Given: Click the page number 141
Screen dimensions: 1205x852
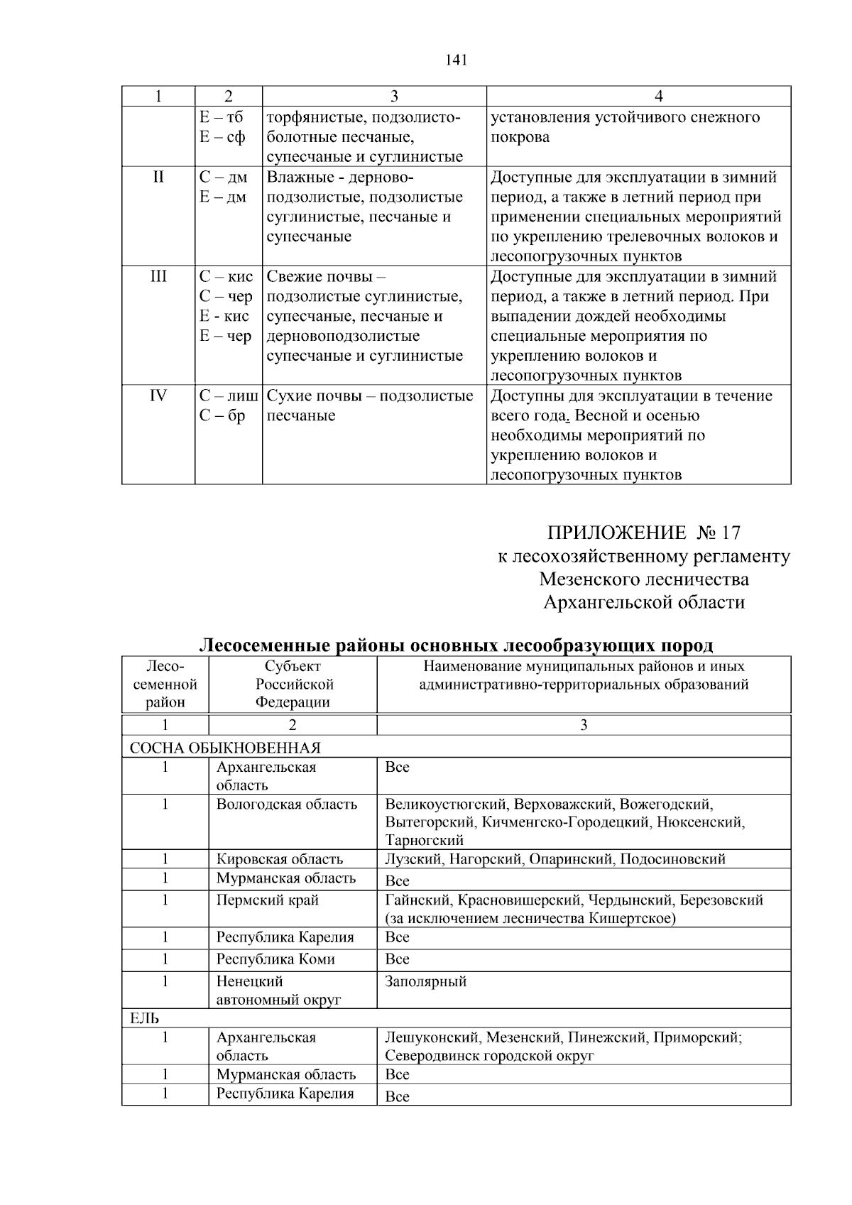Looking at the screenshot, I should (456, 60).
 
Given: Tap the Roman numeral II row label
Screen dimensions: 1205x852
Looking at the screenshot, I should (158, 177).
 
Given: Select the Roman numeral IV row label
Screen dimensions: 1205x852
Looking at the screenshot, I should (158, 396).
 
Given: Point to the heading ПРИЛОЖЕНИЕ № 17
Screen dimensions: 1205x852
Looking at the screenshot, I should (643, 533).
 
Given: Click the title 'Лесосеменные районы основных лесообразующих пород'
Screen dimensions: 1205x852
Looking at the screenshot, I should (456, 645).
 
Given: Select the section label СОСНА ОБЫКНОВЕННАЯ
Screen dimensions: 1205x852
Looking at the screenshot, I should (224, 748).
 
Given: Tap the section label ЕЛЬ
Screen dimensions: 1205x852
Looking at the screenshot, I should (144, 1018).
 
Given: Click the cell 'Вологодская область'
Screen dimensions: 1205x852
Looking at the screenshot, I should (286, 805).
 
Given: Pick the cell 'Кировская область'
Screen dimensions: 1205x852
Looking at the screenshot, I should (279, 859).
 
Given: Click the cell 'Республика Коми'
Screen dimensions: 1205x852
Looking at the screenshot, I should (275, 959).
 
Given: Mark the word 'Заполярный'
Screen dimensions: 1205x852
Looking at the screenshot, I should (425, 982).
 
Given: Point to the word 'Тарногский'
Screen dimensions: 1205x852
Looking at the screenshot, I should (424, 841).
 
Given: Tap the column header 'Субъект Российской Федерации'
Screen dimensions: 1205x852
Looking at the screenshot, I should (293, 685).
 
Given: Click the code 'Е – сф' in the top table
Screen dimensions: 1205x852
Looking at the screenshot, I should (222, 137).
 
